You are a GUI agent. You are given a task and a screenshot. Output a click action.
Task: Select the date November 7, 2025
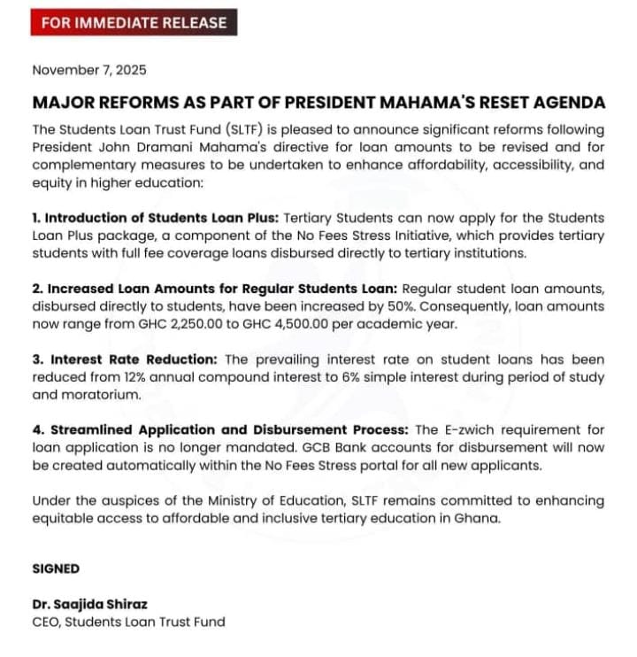(x=89, y=70)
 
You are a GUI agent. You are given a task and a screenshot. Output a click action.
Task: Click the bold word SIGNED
(x=56, y=569)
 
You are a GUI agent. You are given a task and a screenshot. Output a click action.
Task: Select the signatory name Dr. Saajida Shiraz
(x=89, y=604)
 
